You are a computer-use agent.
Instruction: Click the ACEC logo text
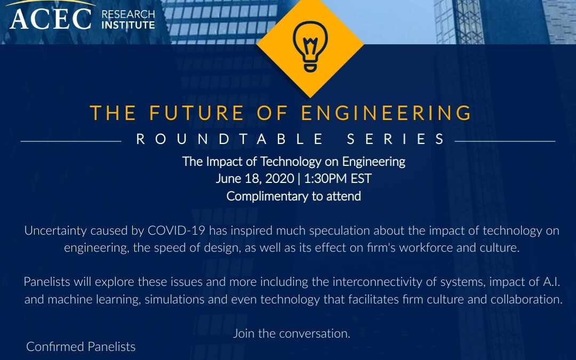point(51,19)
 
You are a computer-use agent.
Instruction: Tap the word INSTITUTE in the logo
point(128,25)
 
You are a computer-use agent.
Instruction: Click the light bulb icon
point(310,46)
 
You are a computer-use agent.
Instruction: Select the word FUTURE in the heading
point(196,113)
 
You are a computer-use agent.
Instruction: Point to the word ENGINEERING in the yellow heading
point(386,113)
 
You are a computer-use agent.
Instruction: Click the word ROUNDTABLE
point(230,139)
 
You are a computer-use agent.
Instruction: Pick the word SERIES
point(396,139)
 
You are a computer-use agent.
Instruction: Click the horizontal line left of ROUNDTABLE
point(71,141)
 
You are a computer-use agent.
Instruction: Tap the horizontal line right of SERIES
point(505,141)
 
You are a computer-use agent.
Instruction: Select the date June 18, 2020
point(255,179)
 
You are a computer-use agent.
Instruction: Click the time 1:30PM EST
point(338,179)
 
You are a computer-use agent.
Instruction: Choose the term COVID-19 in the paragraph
point(177,231)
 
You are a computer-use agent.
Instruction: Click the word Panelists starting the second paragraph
point(46,282)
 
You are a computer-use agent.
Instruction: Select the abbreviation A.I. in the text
point(551,282)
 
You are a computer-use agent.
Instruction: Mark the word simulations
point(174,299)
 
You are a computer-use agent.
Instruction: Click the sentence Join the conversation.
point(292,333)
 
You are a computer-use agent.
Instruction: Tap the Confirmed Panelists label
point(81,347)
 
